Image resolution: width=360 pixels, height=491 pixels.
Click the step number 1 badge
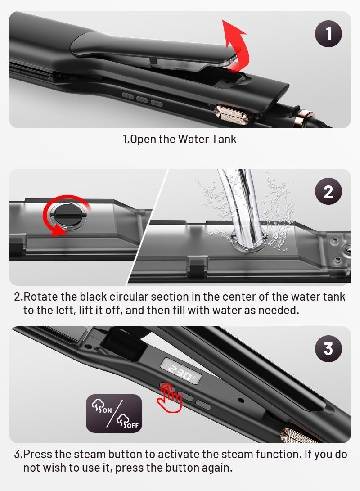coord(328,33)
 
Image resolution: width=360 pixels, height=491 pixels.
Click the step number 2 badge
coord(328,191)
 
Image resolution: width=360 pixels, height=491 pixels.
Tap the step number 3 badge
coord(328,348)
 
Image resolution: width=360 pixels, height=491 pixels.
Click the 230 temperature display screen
coord(180,371)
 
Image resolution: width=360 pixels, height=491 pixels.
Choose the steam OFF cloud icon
coord(127,421)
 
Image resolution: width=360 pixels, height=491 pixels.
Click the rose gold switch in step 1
coord(231,115)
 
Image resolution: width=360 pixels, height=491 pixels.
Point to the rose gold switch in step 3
coord(297,434)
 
